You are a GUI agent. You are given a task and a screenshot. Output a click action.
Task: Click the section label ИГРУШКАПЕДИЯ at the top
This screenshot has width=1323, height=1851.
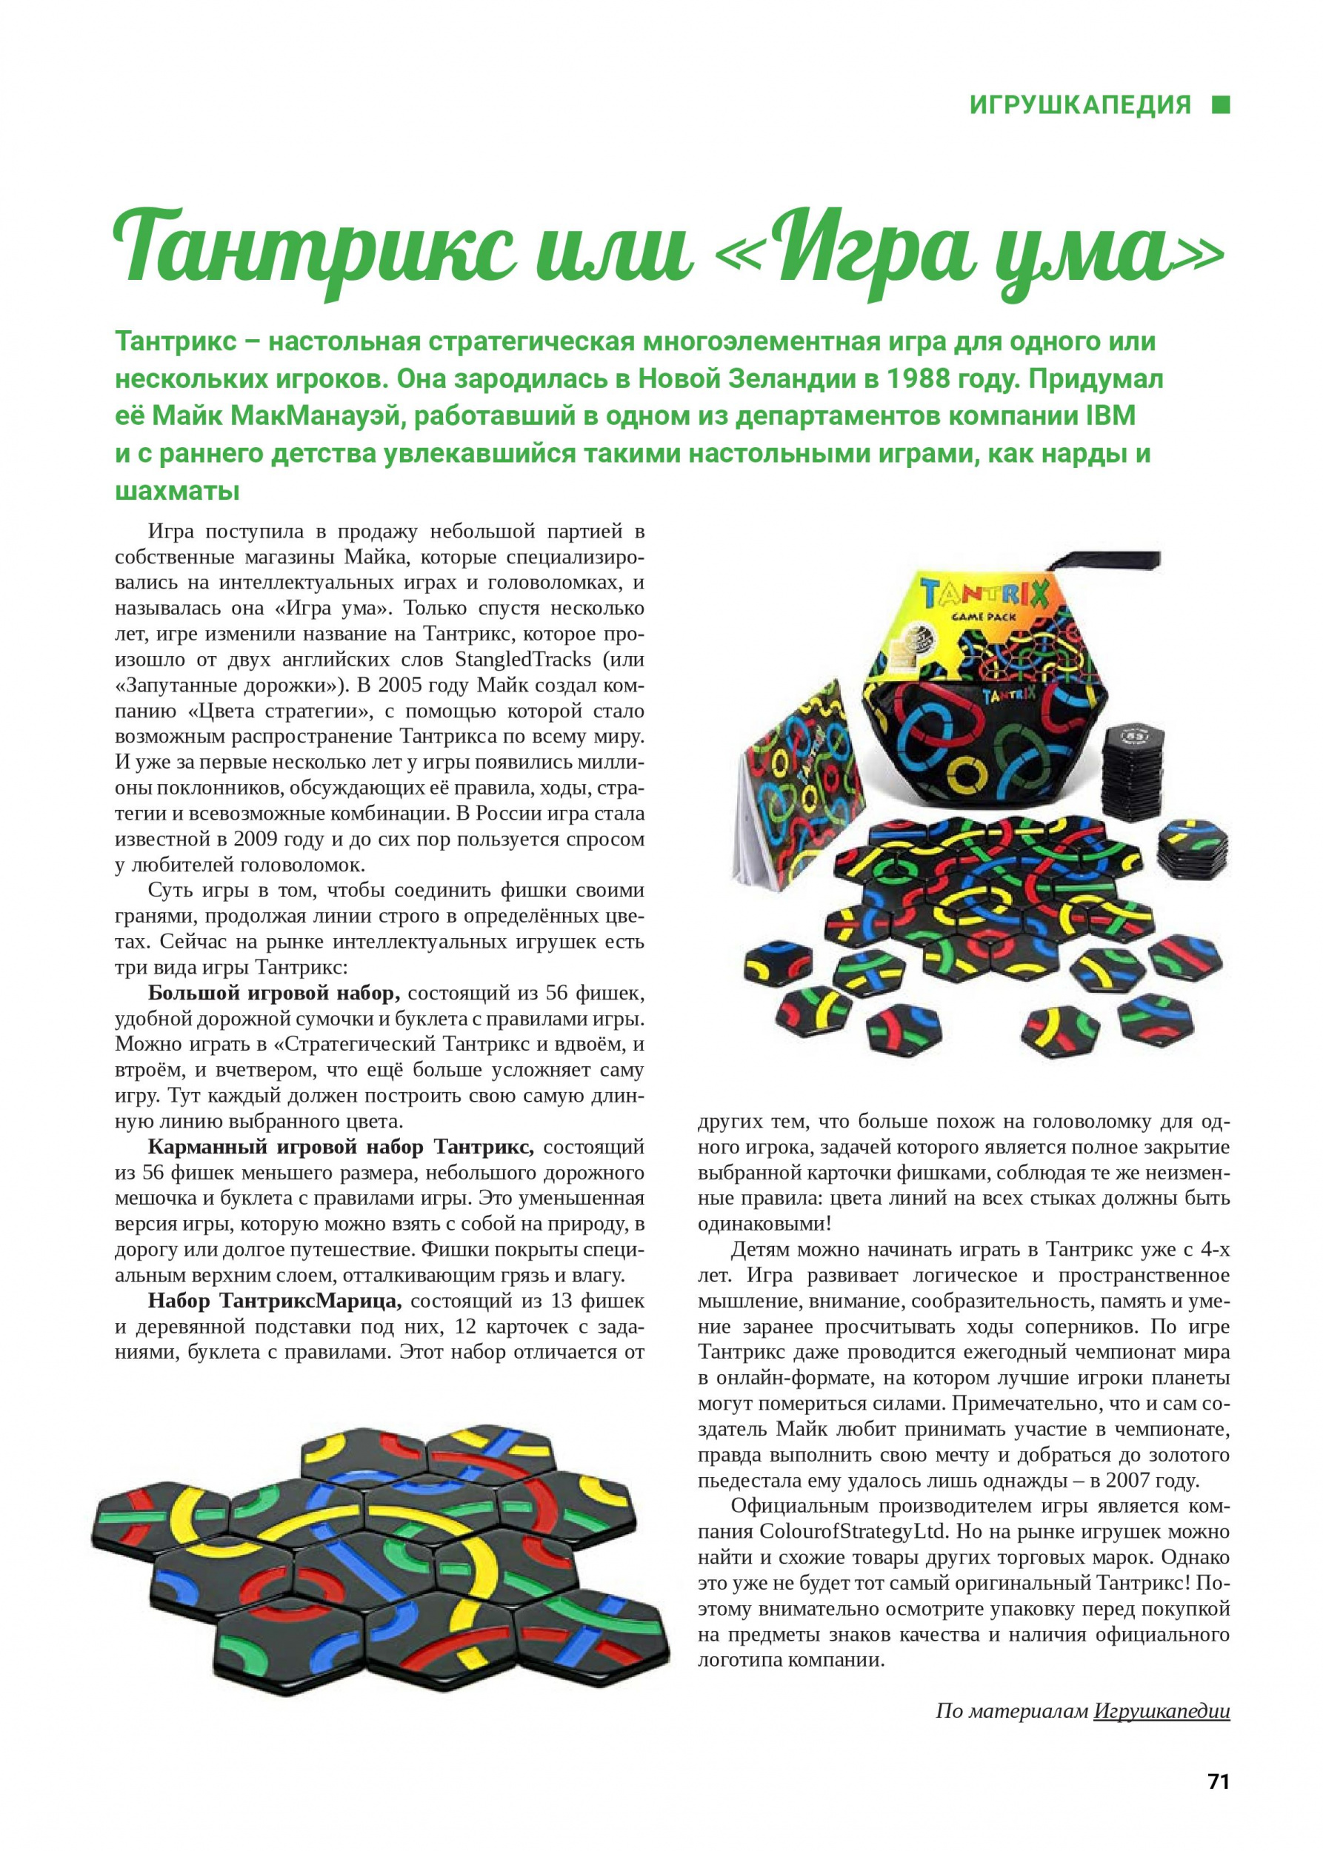[x=1080, y=105]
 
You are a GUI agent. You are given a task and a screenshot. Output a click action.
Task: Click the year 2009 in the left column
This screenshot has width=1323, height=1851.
[x=259, y=839]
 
